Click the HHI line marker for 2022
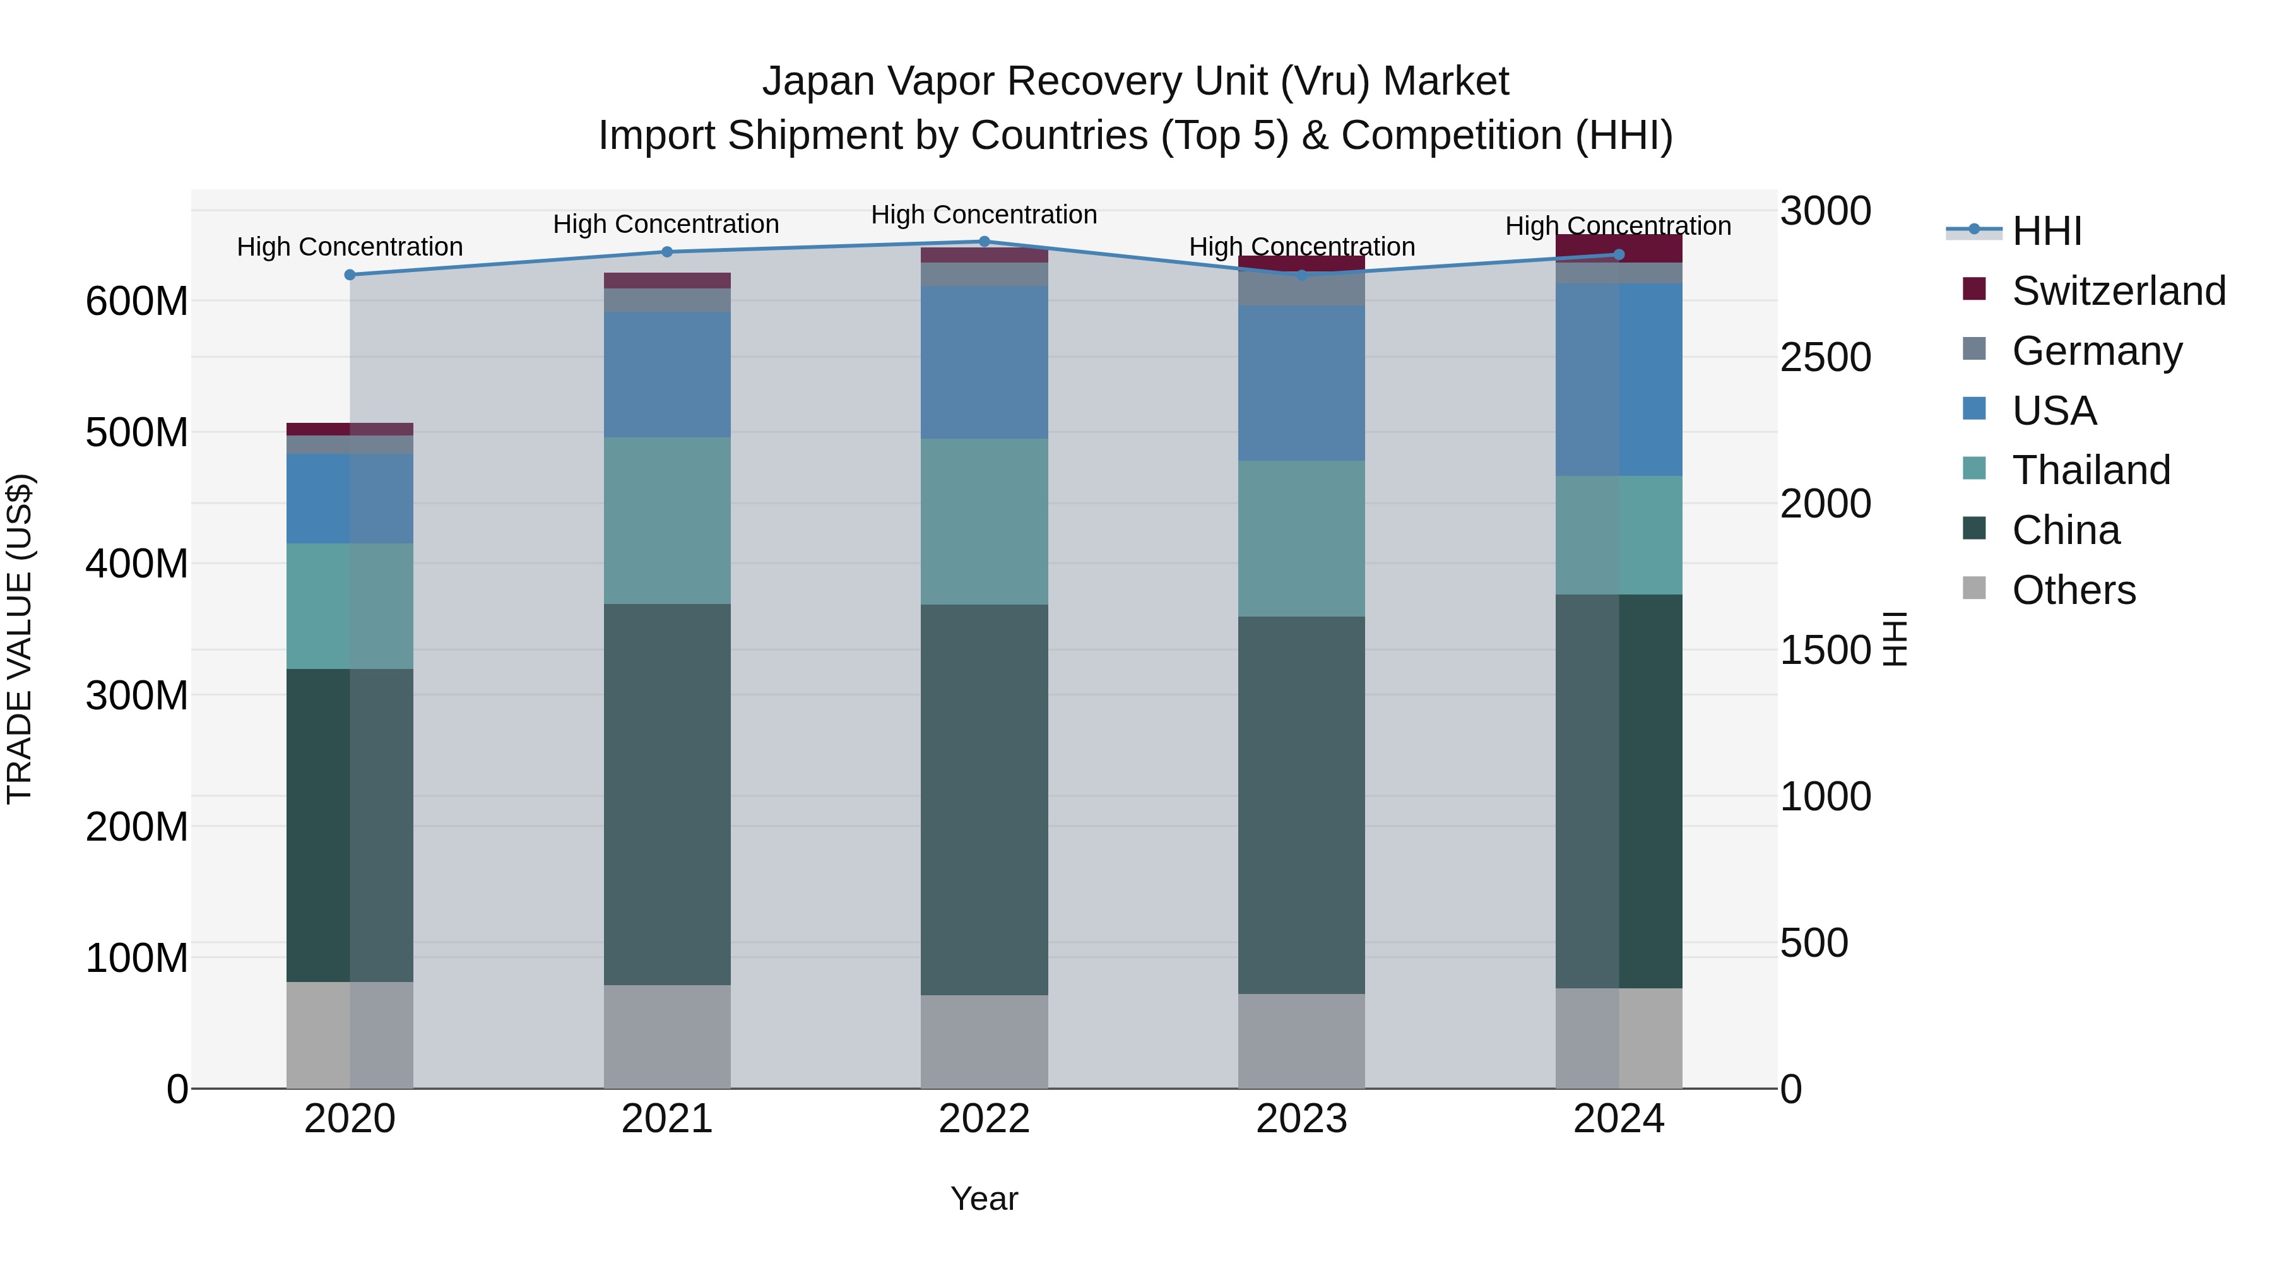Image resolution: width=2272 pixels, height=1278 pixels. coord(985,242)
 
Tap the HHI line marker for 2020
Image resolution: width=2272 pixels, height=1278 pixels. coord(350,275)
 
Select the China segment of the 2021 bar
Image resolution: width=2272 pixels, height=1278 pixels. coord(667,794)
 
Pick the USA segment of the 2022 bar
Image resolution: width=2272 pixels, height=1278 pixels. coord(985,362)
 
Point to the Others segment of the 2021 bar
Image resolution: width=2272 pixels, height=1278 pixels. coord(667,1036)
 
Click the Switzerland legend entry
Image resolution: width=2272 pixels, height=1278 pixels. coord(2117,291)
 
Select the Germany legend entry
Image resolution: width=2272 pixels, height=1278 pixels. coord(2095,351)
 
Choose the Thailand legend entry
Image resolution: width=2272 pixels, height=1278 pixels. coord(2090,470)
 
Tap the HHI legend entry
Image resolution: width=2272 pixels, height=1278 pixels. coord(2046,231)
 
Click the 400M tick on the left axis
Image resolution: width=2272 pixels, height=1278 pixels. coord(137,564)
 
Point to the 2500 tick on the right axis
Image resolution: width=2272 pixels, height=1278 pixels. coord(1825,358)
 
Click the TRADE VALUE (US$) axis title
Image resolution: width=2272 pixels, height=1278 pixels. coord(20,639)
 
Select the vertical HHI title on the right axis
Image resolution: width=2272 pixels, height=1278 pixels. coord(1895,639)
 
